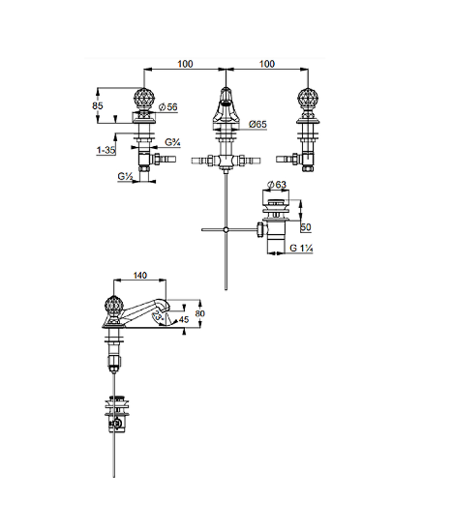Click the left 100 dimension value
tap(185, 64)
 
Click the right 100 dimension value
tap(267, 64)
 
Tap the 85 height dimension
tap(98, 105)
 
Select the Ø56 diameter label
tap(168, 107)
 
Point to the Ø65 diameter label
tap(257, 124)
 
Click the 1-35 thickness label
tap(106, 150)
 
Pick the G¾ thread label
tap(172, 142)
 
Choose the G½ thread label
tap(126, 176)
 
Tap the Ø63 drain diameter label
tap(277, 185)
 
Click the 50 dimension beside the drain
tap(306, 227)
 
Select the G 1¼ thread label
tap(301, 249)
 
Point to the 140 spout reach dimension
tap(140, 276)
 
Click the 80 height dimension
tap(200, 313)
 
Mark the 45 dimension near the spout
tap(184, 319)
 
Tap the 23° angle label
tap(158, 316)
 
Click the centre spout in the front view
tap(226, 107)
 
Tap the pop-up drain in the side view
tap(117, 414)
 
